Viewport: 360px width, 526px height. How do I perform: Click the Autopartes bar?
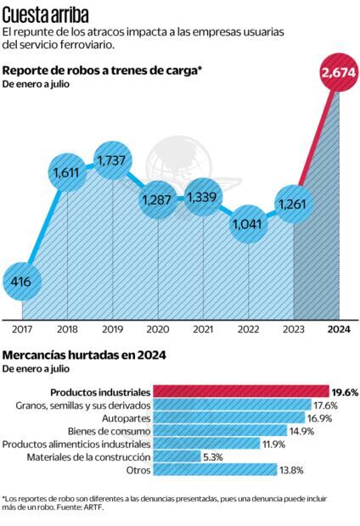(220, 417)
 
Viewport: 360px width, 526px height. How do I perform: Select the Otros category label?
(137, 468)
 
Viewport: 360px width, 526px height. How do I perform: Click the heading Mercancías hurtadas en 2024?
(84, 355)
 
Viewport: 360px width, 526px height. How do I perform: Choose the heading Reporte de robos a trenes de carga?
(102, 70)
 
